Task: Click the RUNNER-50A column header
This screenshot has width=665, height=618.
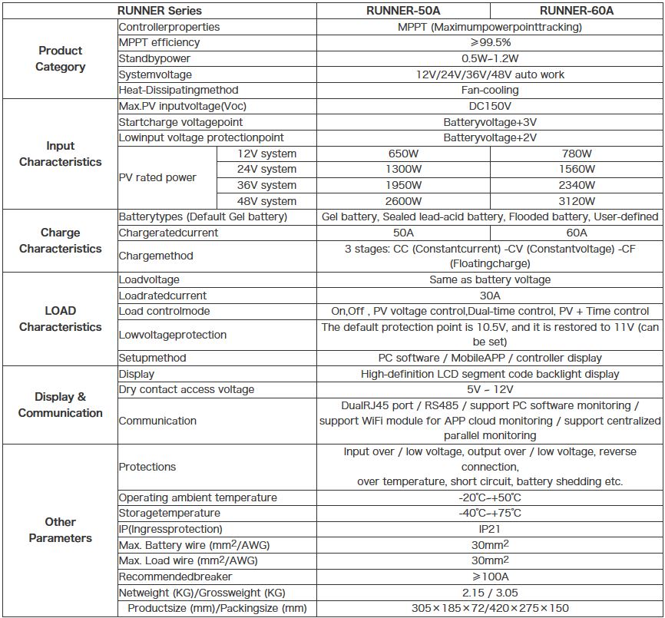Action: coord(403,11)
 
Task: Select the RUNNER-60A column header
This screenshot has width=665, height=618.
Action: coord(577,11)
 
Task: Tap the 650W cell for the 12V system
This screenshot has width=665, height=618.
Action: coord(403,154)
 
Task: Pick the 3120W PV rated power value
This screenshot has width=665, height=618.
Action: coord(577,201)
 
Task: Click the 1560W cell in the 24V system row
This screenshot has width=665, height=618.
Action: coord(577,169)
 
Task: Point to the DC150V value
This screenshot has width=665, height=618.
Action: coord(490,106)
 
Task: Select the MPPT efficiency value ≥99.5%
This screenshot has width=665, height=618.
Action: coord(490,42)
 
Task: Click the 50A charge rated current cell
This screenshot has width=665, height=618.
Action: coord(403,233)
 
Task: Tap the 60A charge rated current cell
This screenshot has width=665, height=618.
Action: coord(577,233)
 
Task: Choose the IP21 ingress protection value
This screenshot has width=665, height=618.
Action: coord(490,529)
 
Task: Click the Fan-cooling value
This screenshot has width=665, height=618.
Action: coord(490,90)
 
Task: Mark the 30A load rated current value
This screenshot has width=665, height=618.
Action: coord(490,296)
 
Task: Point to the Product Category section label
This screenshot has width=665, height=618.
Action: coord(60,58)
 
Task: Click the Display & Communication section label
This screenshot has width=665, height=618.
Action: coord(60,405)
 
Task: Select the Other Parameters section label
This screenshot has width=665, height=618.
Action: coord(60,530)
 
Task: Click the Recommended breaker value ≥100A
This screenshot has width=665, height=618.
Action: coord(490,577)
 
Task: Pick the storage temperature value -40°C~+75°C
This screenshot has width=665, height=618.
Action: coord(490,513)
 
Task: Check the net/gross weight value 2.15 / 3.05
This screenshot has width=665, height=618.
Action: coord(490,593)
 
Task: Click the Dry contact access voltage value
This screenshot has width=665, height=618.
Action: coord(490,389)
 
